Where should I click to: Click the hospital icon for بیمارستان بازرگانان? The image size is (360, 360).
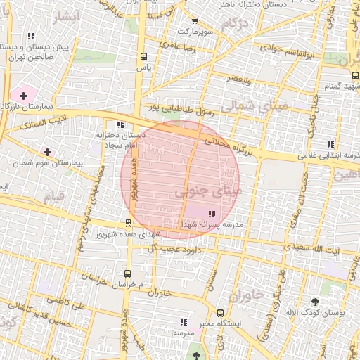coord(23,95)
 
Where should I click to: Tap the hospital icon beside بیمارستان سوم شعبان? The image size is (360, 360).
coord(47,151)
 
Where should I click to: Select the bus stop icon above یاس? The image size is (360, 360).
coord(144,57)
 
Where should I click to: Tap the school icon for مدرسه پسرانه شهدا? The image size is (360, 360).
coord(212,213)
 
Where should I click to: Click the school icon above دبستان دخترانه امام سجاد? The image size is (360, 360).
coord(120,124)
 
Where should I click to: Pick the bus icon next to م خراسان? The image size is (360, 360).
coord(127,273)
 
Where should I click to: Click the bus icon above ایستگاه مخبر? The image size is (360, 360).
coord(220,313)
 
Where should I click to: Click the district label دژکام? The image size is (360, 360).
coord(234,25)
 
